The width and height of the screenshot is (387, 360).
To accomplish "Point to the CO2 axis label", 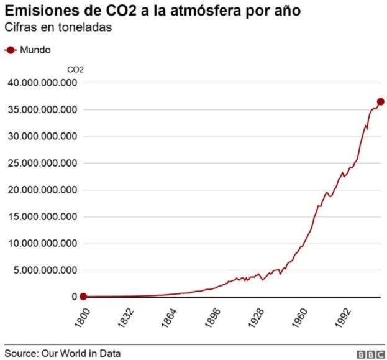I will point(75,70).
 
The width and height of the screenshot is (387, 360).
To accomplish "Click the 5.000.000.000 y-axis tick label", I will point(43,270).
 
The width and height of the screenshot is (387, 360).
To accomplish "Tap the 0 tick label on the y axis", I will point(73,297).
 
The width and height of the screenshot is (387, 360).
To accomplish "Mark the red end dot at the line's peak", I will point(381,101).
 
